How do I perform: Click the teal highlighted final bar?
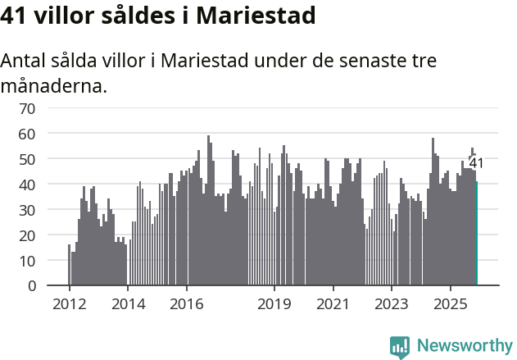[477, 234]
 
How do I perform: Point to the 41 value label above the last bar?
[476, 163]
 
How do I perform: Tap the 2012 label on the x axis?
[69, 305]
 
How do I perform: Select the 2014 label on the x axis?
[127, 305]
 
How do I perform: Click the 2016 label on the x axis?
[186, 305]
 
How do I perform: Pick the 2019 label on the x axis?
[274, 305]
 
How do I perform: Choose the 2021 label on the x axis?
[333, 305]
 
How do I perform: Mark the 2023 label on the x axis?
[391, 305]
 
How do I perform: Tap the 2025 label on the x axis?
[450, 305]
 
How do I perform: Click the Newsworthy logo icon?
[400, 346]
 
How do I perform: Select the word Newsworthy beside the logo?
[465, 346]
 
